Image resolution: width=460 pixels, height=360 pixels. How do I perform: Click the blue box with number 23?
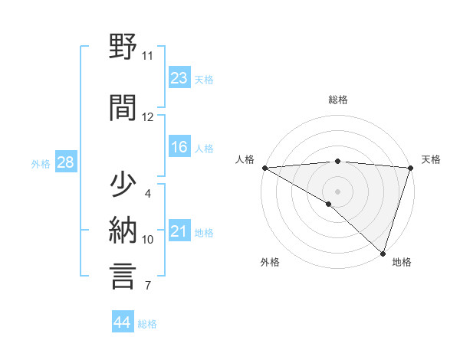[x=179, y=77]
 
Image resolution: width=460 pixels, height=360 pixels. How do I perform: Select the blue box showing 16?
[x=179, y=147]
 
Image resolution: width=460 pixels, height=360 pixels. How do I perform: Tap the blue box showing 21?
[x=179, y=231]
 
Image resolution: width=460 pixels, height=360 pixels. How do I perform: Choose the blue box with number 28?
[x=65, y=162]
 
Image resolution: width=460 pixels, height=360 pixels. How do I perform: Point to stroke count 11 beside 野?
[x=148, y=56]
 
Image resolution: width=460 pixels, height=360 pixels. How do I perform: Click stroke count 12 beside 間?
[x=148, y=116]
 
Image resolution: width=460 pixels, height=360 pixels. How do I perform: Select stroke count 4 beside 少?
[x=148, y=193]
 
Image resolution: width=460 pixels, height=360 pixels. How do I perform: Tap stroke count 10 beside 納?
[x=148, y=239]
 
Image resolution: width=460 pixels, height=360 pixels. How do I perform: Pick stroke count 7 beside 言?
[x=148, y=286]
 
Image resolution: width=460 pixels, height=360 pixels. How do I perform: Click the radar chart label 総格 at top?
[x=338, y=100]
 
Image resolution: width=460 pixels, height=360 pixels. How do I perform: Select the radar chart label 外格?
[x=270, y=262]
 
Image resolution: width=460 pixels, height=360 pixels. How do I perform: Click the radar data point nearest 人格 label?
[x=264, y=168]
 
